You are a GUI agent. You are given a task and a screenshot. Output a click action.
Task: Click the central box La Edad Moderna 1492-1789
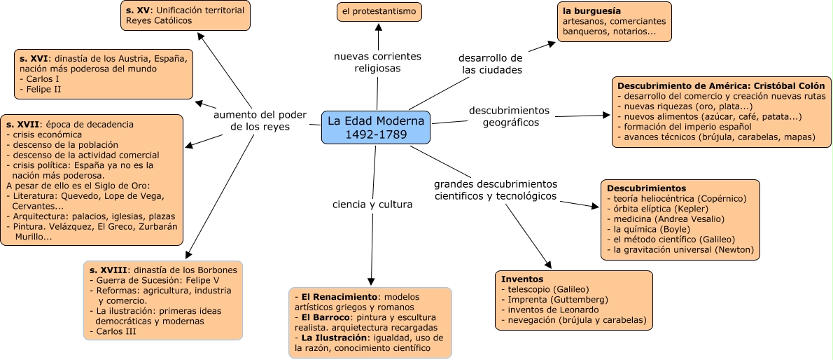[x=376, y=127]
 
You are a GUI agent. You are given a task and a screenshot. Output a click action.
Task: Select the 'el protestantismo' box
[x=379, y=11]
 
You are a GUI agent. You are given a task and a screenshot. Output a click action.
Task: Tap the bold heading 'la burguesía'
[x=591, y=11]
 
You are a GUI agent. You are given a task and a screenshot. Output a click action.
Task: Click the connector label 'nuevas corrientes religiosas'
[x=377, y=62]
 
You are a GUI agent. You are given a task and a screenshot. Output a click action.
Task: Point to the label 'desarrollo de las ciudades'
[x=491, y=63]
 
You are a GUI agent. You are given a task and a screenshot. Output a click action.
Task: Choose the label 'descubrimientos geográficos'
[x=509, y=116]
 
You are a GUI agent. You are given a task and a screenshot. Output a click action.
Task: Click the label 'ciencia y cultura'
[x=372, y=205]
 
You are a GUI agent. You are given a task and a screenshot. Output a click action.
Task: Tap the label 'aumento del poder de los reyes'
[x=260, y=120]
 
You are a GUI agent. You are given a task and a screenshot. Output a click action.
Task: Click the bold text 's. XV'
[x=137, y=10]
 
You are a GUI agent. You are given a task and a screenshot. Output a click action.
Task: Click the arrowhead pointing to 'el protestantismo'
[x=379, y=28]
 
